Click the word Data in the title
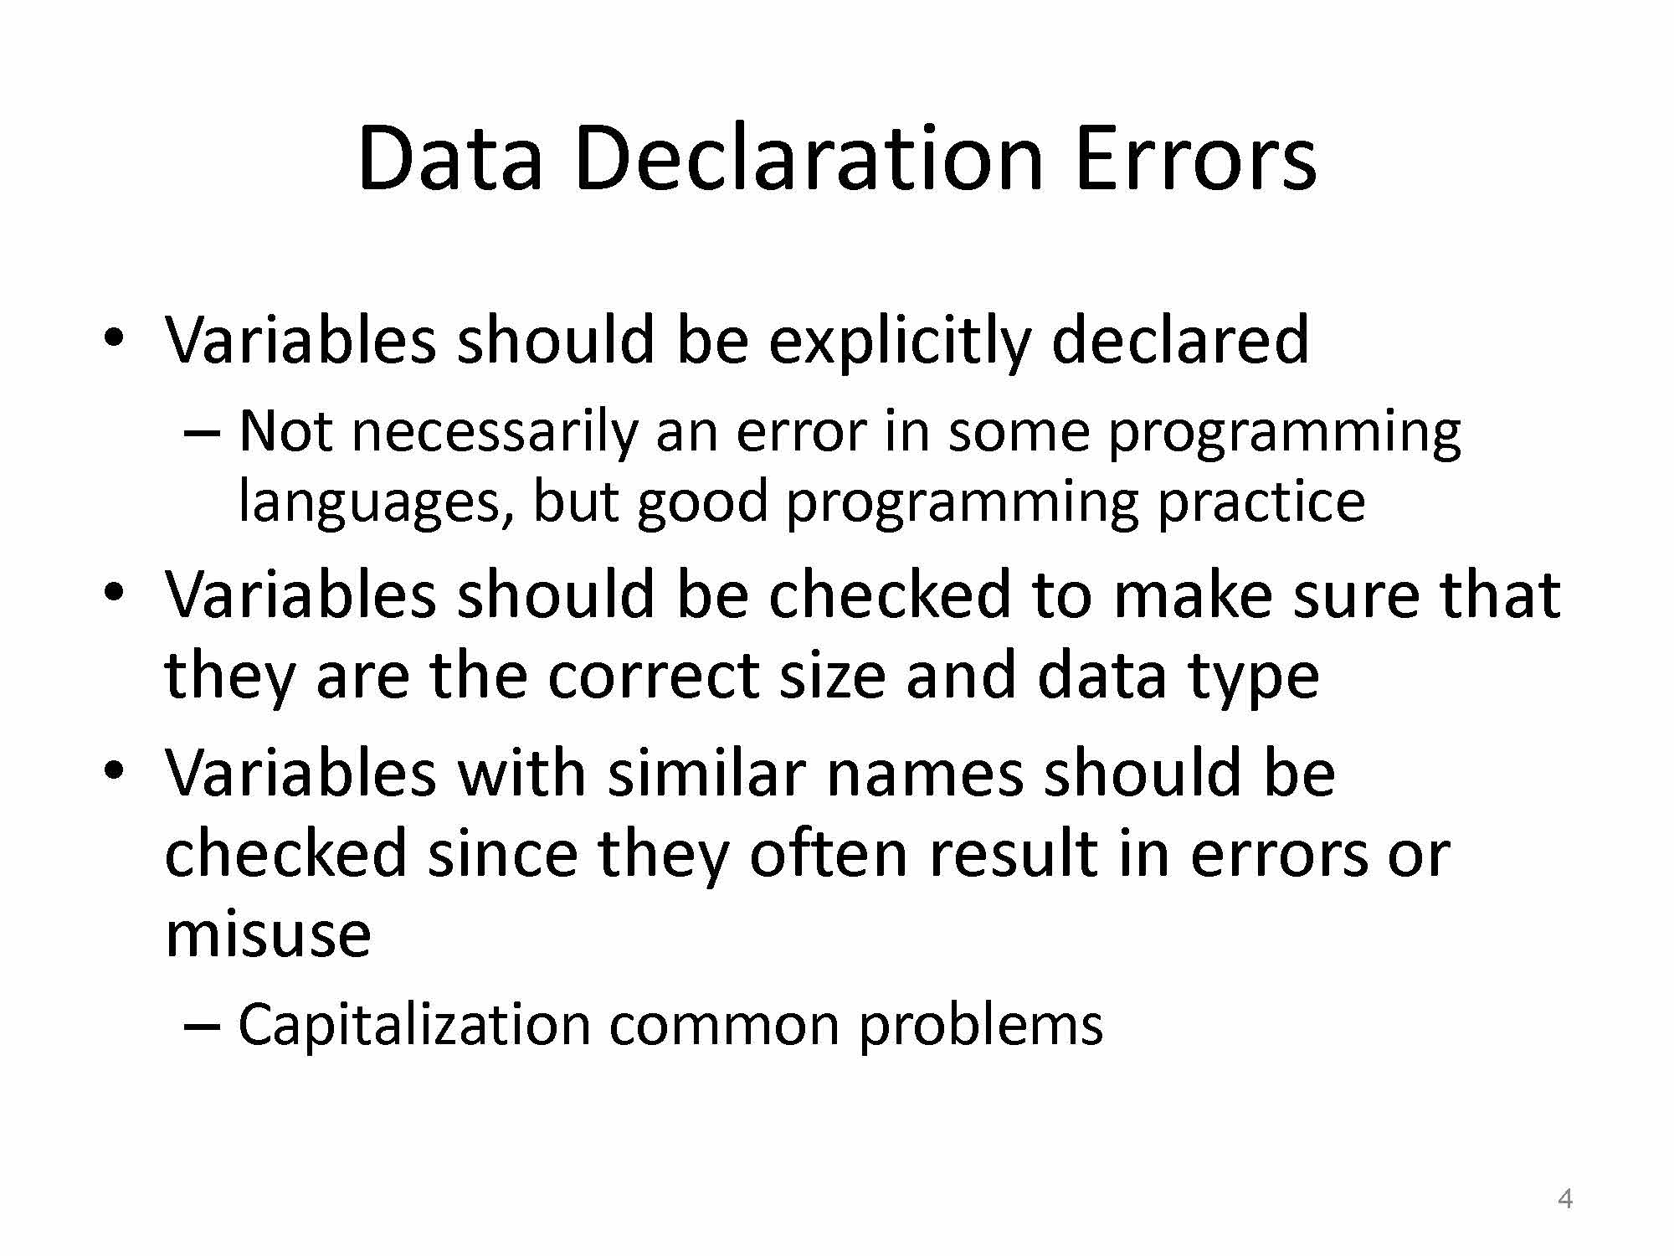coord(450,158)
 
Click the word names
coord(925,775)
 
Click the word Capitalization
coord(414,1025)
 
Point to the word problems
coord(981,1025)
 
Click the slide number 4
coord(1565,1199)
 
